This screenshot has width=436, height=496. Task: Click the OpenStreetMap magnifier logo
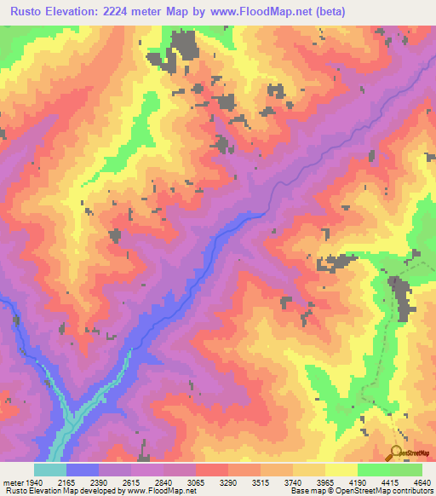point(396,453)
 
